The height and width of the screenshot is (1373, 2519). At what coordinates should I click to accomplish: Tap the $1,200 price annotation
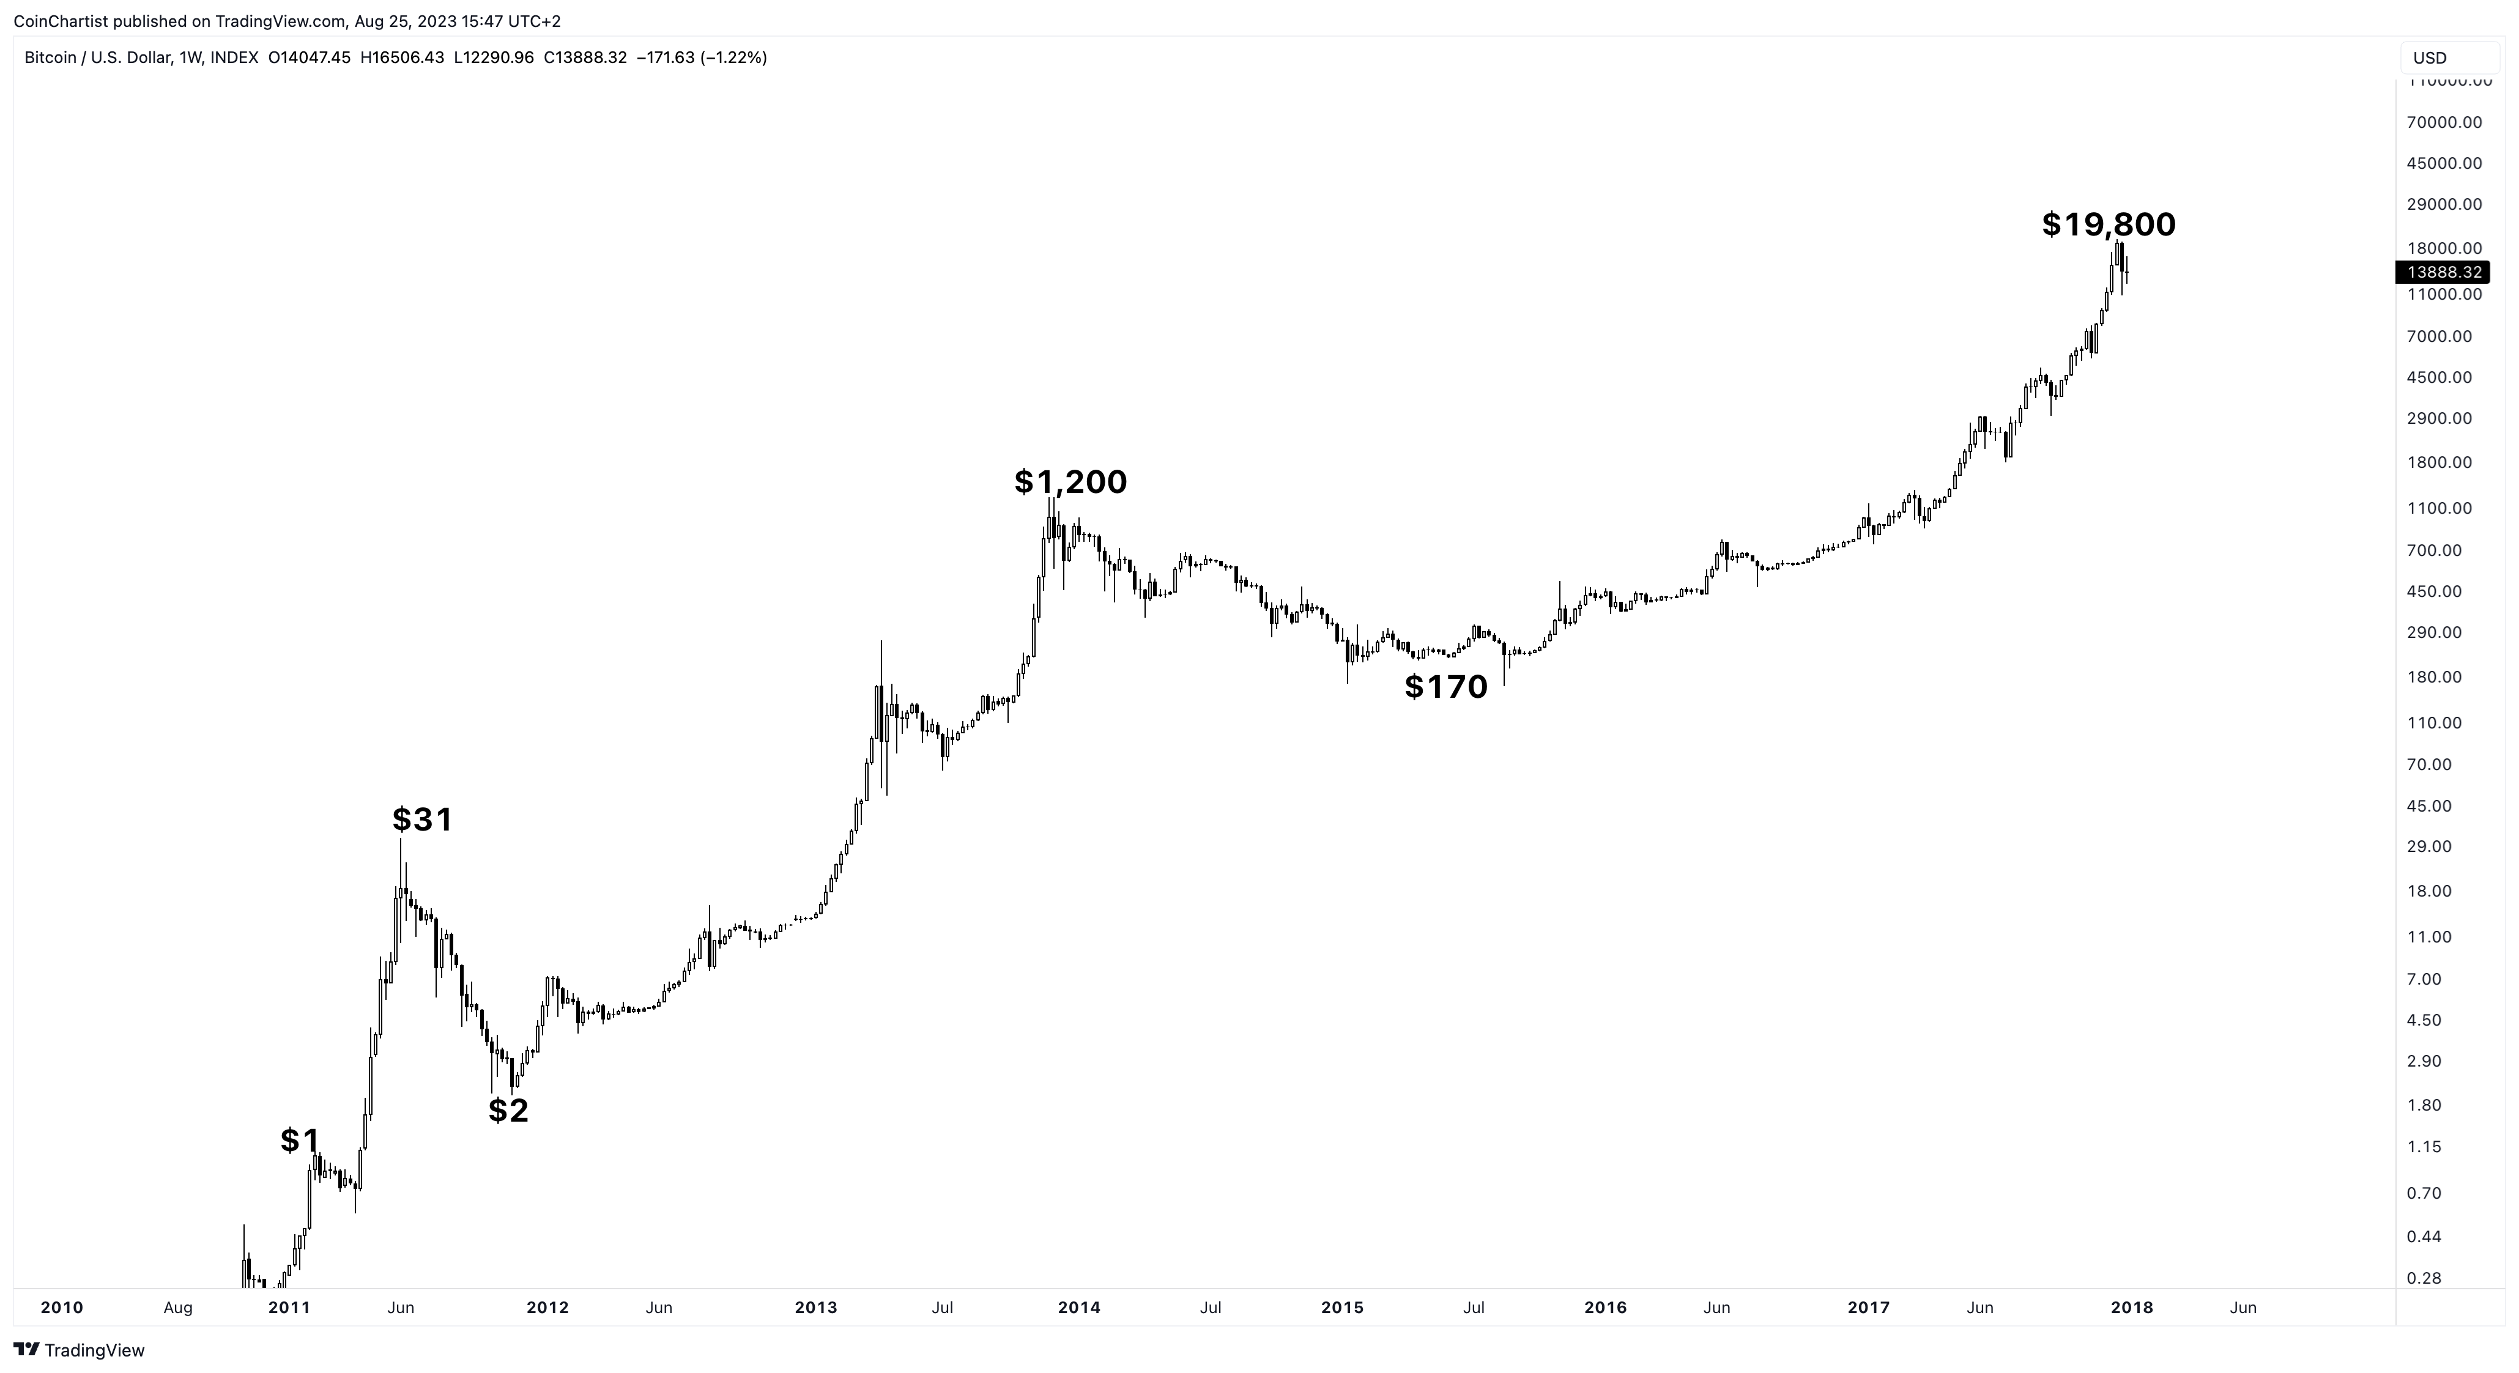1070,481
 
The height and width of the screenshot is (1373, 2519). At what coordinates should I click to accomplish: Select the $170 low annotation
1445,686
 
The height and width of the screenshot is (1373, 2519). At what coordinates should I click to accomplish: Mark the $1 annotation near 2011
299,1139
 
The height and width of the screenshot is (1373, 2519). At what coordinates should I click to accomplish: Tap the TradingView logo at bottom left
80,1350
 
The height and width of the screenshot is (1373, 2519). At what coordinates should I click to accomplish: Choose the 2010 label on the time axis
62,1308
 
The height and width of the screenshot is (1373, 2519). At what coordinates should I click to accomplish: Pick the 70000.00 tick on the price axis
2444,122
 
